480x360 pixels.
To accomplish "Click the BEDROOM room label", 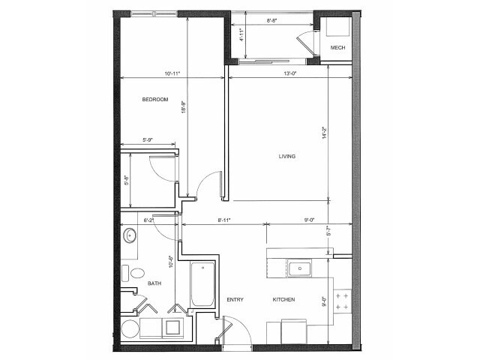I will click(154, 100).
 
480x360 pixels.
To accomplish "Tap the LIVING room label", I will click(286, 157).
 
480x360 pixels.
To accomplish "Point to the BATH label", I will click(154, 283).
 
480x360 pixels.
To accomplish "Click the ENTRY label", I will click(236, 300).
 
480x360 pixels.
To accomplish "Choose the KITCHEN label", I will click(283, 300).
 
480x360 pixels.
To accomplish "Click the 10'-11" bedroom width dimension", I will click(172, 73).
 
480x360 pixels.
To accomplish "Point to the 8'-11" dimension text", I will click(223, 220).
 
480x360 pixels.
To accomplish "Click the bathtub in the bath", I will click(202, 284).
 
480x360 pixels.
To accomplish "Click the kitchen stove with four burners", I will click(342, 302).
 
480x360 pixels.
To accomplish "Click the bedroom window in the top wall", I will click(154, 13).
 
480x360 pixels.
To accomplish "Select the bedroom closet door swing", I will click(162, 167).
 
